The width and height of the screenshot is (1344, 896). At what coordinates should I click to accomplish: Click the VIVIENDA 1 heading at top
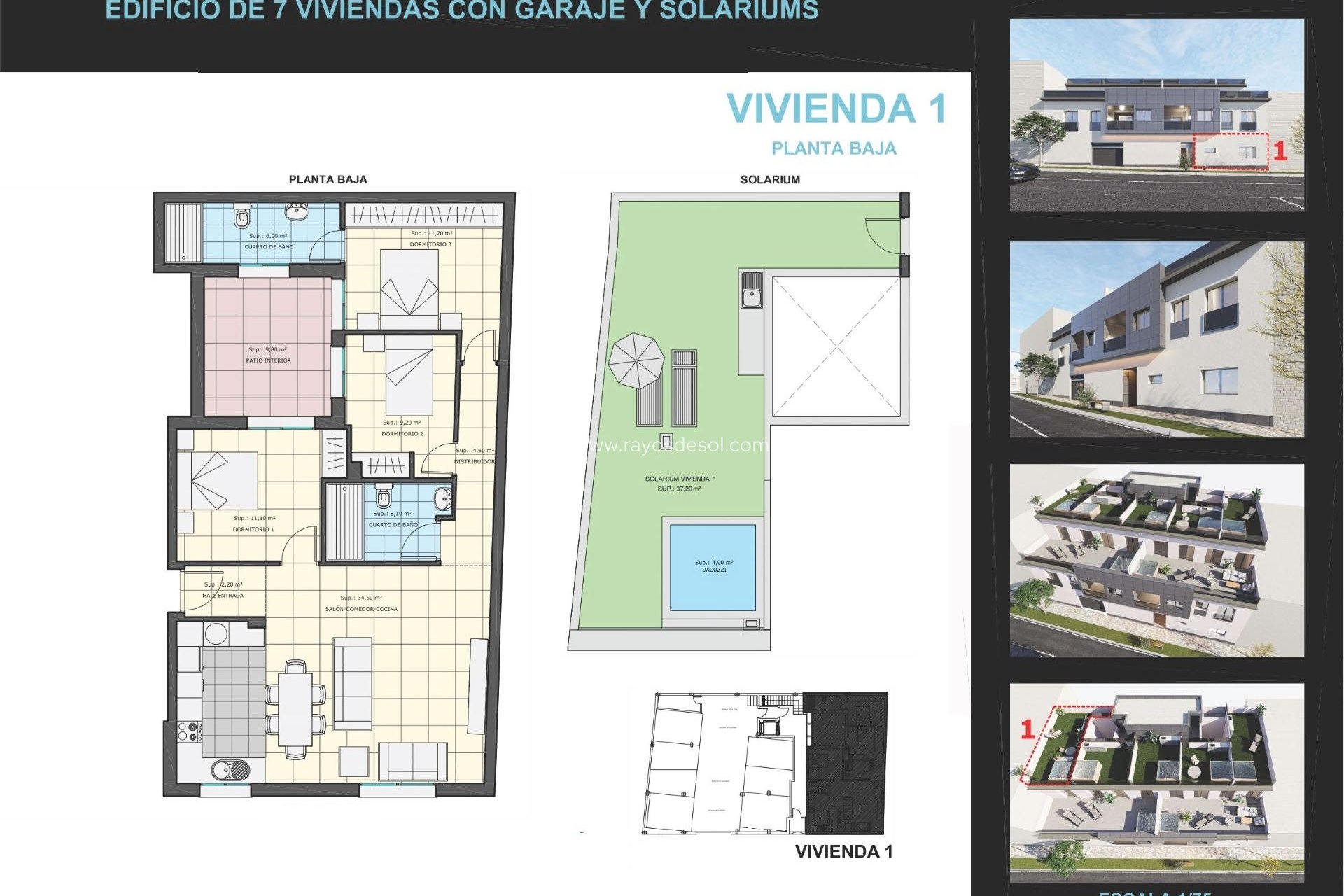point(836,109)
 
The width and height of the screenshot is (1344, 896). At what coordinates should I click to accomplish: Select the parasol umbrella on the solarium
point(636,360)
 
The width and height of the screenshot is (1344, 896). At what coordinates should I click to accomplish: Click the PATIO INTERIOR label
point(268,360)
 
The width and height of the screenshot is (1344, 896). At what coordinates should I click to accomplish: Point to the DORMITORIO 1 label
point(253,529)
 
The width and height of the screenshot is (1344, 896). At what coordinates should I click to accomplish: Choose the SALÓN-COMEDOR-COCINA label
point(361,609)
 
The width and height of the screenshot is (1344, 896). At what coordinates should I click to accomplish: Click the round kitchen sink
point(231,770)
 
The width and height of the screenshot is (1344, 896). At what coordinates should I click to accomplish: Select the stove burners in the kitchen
point(188,731)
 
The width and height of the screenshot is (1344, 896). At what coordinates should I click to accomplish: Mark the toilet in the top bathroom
point(242,218)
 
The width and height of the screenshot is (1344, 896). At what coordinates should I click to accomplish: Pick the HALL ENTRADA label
point(223,596)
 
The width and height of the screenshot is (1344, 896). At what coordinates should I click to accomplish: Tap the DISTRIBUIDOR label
point(474,462)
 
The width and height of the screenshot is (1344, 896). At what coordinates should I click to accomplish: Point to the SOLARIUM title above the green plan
point(770,180)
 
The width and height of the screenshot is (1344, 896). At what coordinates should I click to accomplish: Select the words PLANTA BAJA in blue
point(834,148)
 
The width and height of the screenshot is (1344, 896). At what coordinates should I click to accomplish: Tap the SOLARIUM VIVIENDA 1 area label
point(680,479)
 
